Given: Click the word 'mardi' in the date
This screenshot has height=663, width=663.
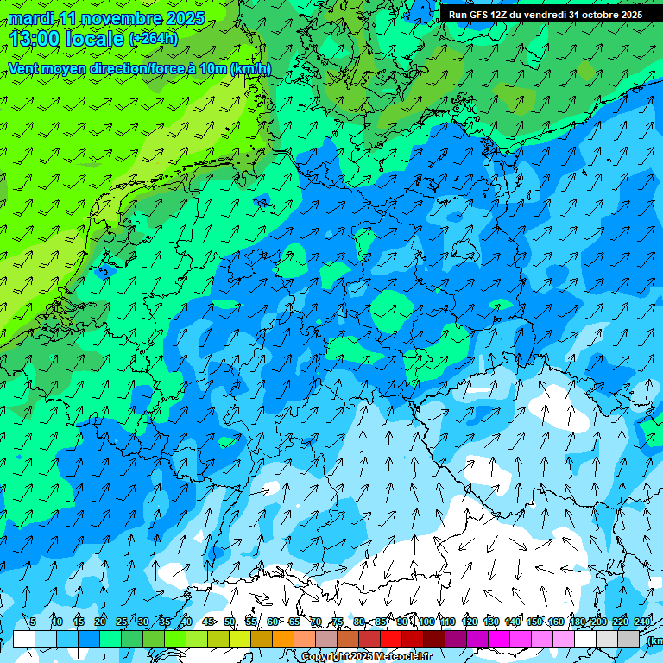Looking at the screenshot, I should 30,18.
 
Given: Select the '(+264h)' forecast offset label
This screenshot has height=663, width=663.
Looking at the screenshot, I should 154,39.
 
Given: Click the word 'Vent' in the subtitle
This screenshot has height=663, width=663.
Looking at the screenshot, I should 25,69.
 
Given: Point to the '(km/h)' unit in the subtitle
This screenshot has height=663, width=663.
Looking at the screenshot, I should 251,69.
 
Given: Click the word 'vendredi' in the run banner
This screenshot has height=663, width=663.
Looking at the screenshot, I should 545,15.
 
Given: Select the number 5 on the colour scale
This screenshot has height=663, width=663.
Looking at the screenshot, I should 33,622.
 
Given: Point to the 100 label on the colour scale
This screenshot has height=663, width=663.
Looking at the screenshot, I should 426,622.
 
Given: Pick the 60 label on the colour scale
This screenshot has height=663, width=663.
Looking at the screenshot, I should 273,622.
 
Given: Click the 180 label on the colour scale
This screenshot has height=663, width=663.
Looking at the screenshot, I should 578,622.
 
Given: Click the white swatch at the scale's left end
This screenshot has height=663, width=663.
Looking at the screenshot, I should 24,639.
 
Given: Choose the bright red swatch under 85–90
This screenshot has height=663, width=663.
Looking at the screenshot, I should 391,639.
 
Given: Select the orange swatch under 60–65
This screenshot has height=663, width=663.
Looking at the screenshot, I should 283,639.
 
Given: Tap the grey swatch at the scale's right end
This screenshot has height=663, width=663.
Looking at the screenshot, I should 629,639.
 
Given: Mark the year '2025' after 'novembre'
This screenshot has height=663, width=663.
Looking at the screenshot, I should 185,18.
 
